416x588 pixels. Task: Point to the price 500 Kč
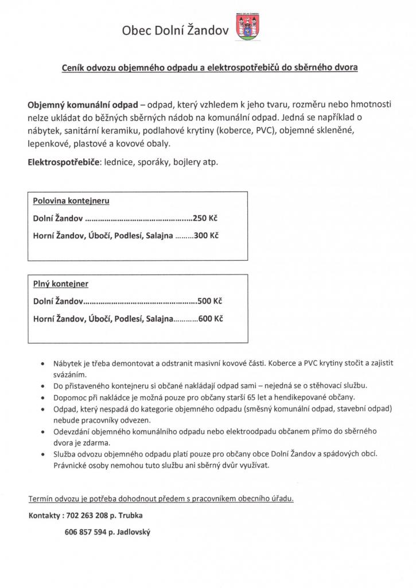(x=209, y=300)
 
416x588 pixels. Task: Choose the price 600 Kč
(x=211, y=318)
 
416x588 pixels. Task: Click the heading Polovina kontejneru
(x=71, y=202)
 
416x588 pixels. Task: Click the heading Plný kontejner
(x=61, y=284)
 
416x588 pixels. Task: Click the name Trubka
(x=138, y=516)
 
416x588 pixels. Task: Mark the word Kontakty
(x=45, y=516)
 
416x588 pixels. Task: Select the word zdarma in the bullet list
(x=100, y=443)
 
